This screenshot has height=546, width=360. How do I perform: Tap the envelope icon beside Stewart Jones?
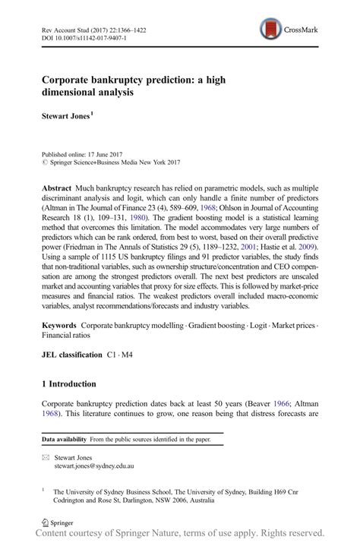[46, 459]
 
